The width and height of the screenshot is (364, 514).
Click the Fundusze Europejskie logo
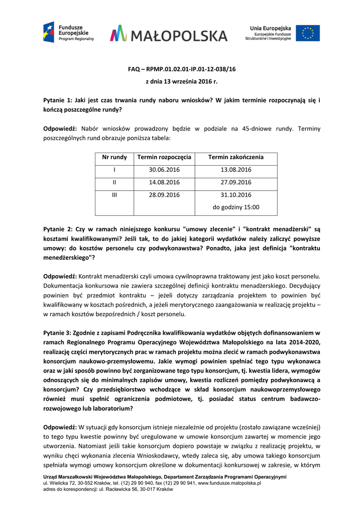[68, 33]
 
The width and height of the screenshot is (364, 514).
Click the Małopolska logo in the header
[169, 34]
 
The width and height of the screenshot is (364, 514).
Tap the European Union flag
[307, 33]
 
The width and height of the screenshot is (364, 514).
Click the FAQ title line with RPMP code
[182, 69]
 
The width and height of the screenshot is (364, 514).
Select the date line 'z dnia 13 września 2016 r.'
[182, 81]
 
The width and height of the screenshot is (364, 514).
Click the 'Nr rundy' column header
[114, 157]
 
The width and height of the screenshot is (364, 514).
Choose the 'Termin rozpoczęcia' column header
[164, 157]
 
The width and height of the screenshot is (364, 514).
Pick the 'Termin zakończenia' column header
[235, 157]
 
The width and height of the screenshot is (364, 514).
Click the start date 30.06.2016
[164, 170]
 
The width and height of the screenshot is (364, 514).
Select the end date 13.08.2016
[235, 170]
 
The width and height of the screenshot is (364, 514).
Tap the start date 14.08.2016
[164, 182]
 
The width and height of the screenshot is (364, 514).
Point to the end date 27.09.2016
[235, 182]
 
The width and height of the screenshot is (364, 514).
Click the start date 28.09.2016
[164, 195]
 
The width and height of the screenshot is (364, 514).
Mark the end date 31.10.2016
[235, 195]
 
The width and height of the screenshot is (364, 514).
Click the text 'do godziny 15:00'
[235, 207]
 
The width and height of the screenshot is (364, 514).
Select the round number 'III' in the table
[114, 195]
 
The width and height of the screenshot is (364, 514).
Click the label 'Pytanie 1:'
[58, 100]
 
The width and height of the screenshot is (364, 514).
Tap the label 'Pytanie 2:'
[58, 228]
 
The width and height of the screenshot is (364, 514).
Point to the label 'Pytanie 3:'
[58, 332]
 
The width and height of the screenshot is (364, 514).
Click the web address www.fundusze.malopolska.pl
[229, 483]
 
